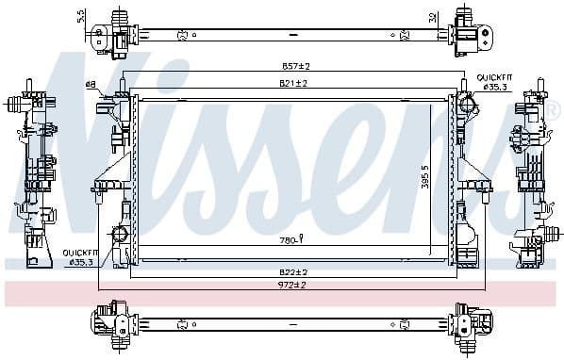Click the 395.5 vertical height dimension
[425, 172]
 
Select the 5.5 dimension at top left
[81, 16]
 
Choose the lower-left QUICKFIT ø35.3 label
[80, 257]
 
